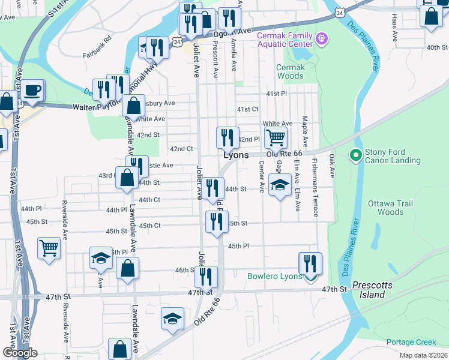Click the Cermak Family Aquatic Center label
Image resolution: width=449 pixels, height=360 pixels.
(x=285, y=39)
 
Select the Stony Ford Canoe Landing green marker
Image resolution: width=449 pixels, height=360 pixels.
(x=355, y=156)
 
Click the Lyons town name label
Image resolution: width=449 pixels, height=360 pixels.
(x=236, y=155)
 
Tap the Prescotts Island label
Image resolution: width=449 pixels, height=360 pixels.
(x=369, y=290)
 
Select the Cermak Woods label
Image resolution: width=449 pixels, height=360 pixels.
(x=291, y=72)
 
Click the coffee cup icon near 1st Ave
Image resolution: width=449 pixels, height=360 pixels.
(x=33, y=91)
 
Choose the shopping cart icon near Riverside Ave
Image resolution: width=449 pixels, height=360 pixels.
(x=49, y=247)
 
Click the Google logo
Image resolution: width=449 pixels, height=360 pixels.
(x=19, y=353)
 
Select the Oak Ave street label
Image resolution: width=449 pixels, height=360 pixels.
(x=331, y=166)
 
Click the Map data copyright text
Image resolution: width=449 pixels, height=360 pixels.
(x=423, y=355)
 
